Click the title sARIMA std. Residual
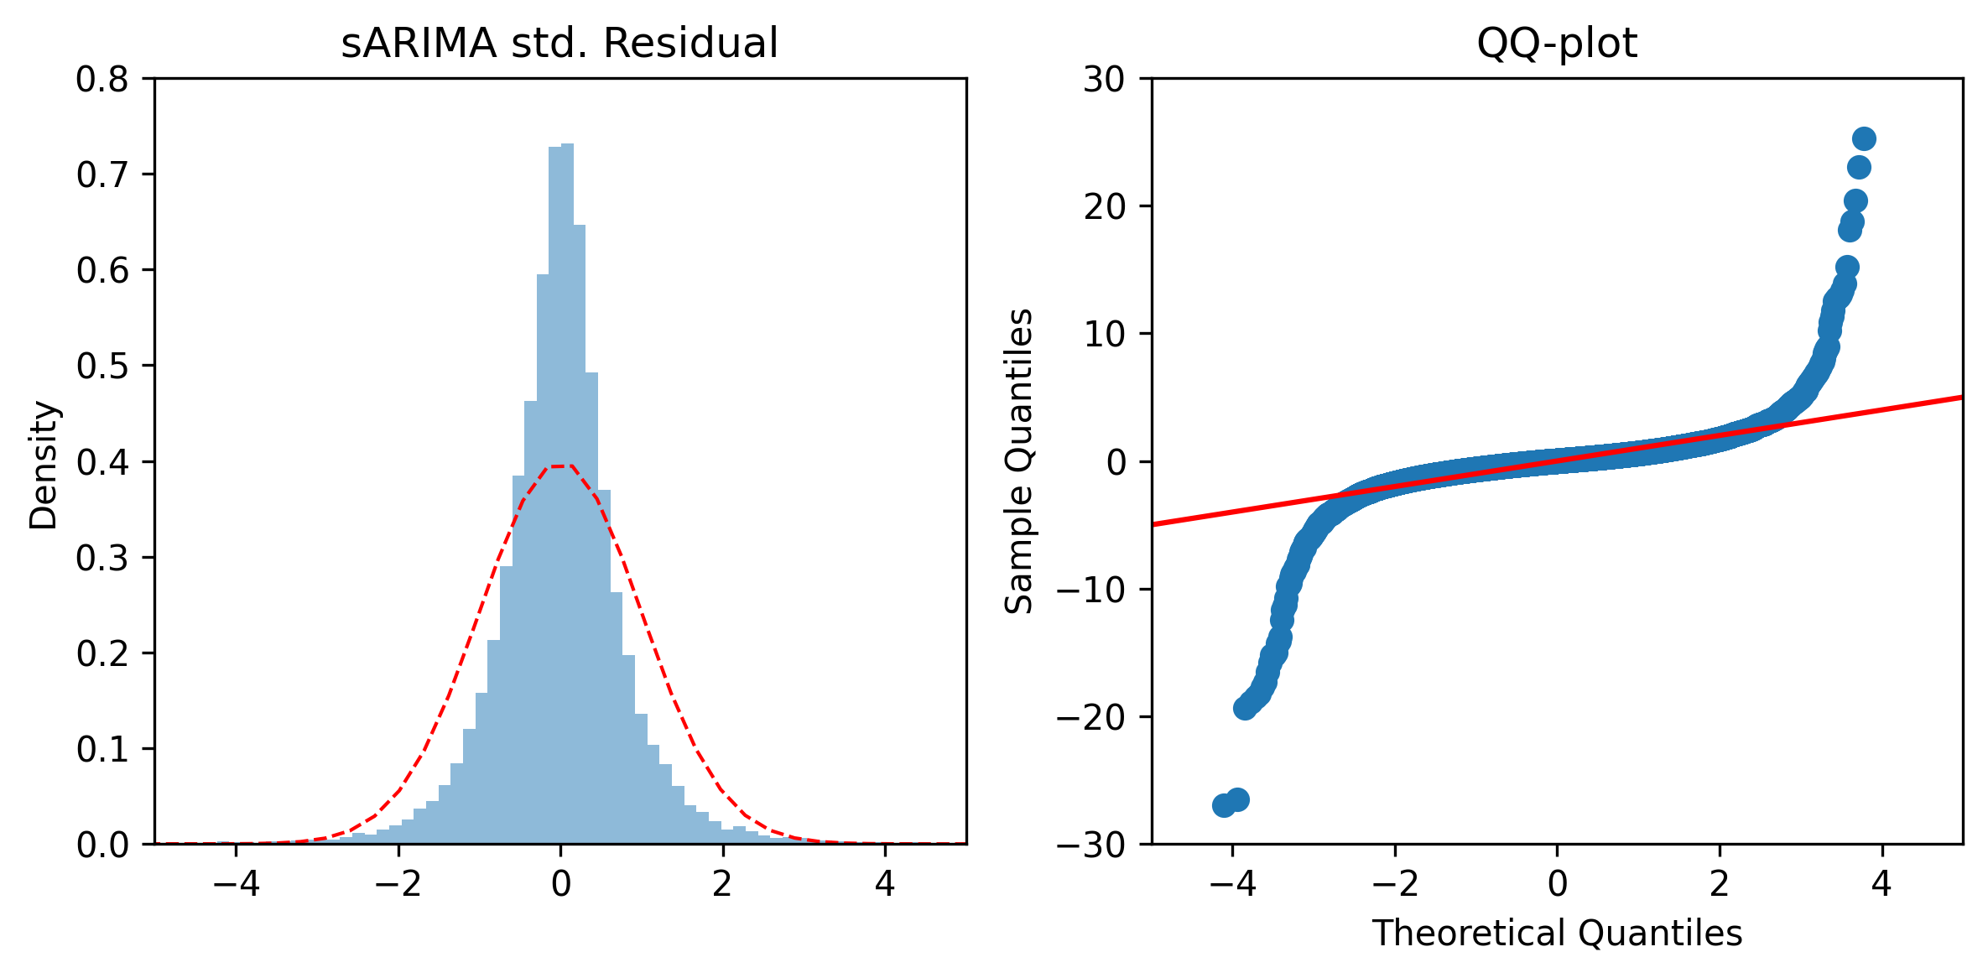pyautogui.click(x=559, y=43)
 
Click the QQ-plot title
pyautogui.click(x=1557, y=43)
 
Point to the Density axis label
pyautogui.click(x=43, y=465)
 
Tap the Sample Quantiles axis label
pyautogui.click(x=1019, y=461)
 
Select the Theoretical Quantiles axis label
pyautogui.click(x=1557, y=933)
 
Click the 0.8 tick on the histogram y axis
pyautogui.click(x=103, y=79)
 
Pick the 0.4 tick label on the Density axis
pyautogui.click(x=103, y=461)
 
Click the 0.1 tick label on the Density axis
pyautogui.click(x=103, y=748)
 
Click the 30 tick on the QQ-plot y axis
pyautogui.click(x=1104, y=79)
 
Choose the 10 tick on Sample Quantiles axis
pyautogui.click(x=1104, y=334)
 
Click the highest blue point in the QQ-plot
pyautogui.click(x=1864, y=138)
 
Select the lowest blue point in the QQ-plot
pyautogui.click(x=1224, y=805)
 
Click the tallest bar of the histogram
pyautogui.click(x=567, y=493)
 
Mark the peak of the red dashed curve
pyautogui.click(x=560, y=466)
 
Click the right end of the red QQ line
pyautogui.click(x=1962, y=397)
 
